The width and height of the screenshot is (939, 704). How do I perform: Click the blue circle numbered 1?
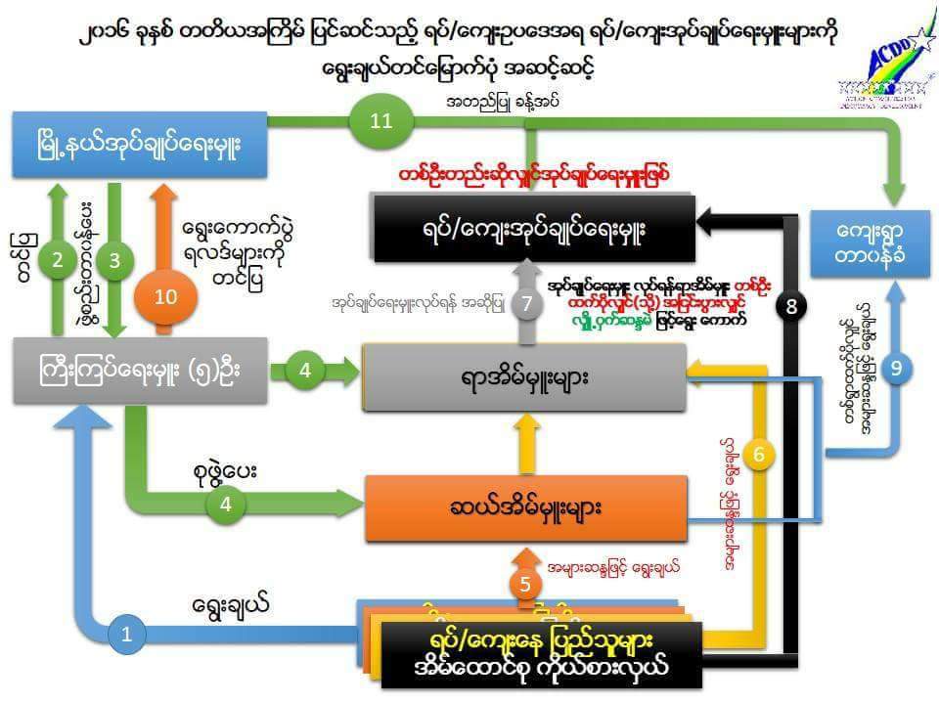point(126,635)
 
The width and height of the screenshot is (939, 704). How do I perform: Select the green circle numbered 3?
point(115,260)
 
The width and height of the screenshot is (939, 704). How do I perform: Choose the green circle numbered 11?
point(380,121)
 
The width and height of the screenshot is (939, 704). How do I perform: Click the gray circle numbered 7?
point(526,303)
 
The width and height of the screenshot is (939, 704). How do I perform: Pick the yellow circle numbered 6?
point(759,454)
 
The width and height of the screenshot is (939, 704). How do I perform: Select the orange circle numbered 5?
point(525,585)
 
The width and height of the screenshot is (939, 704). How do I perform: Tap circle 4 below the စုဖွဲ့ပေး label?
point(225,505)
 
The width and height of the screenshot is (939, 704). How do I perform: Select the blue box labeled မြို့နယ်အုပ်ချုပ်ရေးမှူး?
point(139,146)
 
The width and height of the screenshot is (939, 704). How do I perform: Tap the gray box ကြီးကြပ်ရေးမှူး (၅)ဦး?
point(140,373)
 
